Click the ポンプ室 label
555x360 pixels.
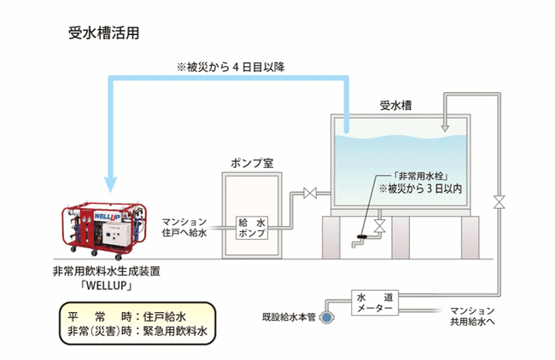(252, 162)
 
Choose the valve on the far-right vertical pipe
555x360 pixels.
(499, 202)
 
